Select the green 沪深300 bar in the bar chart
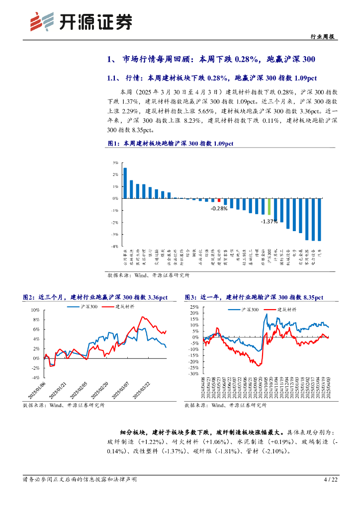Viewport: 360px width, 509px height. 269,206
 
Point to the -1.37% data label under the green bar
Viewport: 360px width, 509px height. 269,221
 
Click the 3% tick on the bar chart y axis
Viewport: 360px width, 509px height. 115,163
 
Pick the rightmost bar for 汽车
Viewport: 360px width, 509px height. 319,219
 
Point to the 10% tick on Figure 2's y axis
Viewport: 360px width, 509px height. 35,310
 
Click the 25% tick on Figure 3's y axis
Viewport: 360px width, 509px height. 193,307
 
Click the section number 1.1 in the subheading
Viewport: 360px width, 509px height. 113,78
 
